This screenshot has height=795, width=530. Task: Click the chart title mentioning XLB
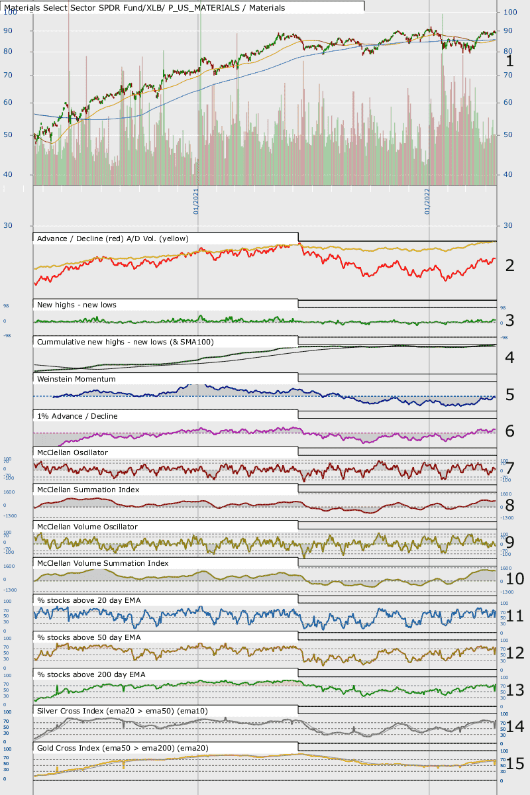(144, 8)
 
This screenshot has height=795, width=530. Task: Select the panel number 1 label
(510, 61)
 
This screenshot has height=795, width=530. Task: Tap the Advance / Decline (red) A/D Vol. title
(113, 238)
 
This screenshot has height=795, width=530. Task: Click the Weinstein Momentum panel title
(77, 379)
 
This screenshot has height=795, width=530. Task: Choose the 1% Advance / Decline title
(78, 416)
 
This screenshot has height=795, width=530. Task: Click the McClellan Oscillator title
(73, 452)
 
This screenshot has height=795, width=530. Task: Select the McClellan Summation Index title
(88, 490)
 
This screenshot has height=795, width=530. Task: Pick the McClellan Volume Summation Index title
(103, 563)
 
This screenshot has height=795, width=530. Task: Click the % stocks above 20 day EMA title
(98, 600)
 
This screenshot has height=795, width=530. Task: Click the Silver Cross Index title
(123, 711)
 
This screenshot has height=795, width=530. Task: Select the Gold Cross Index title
(123, 748)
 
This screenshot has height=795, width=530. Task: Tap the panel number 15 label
(515, 764)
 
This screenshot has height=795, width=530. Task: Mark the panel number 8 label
(510, 505)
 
